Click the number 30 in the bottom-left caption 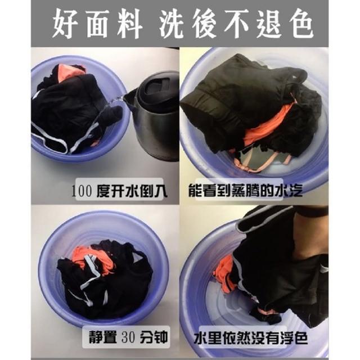(128, 337)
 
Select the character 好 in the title (65, 24)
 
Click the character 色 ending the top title (301, 24)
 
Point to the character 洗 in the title (172, 24)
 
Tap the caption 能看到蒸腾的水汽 (245, 190)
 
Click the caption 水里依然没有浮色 (251, 337)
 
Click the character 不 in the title (237, 24)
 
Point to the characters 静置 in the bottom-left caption (102, 337)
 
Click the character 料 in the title (129, 24)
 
